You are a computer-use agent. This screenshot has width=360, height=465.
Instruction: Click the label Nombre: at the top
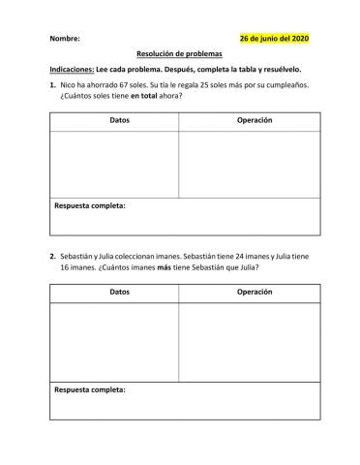64,39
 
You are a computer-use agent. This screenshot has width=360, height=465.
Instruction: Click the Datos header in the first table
113,120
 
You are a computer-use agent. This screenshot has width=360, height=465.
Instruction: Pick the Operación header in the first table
255,120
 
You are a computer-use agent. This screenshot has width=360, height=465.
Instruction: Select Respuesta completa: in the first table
90,205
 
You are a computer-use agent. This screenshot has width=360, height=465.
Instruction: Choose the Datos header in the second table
113,291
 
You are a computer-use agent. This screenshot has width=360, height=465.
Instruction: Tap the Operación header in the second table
255,291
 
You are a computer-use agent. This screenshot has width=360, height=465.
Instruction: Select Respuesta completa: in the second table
90,389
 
